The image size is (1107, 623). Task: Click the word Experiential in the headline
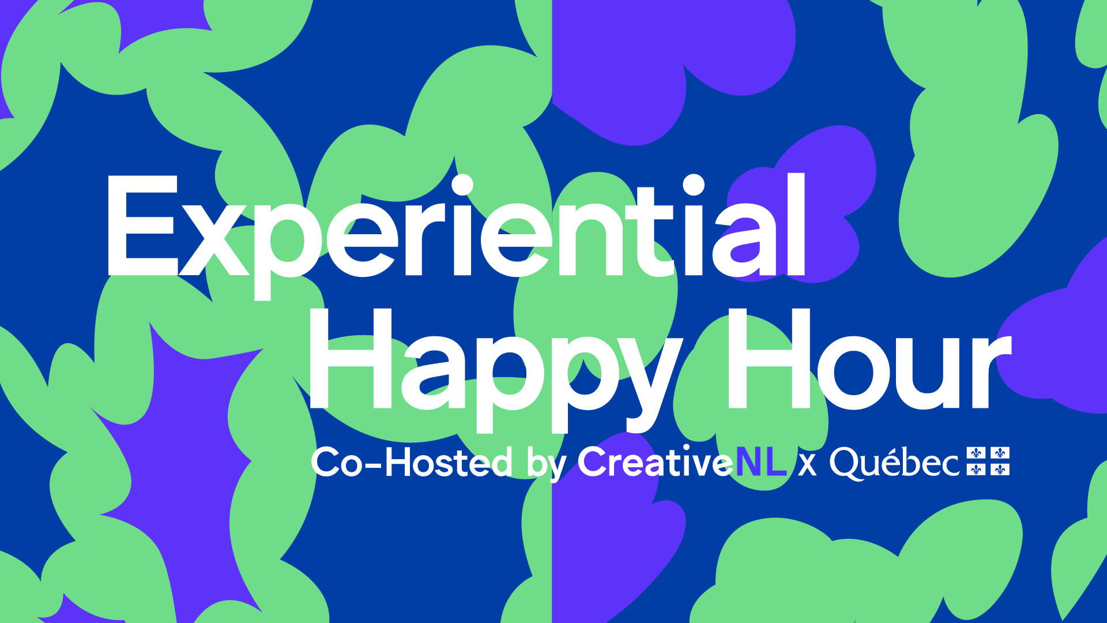455,237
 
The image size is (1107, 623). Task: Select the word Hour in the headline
869,359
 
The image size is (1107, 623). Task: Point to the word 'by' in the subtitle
547,464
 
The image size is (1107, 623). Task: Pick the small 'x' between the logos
808,465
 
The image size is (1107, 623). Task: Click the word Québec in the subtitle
894,463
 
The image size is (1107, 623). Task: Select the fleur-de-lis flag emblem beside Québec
988,461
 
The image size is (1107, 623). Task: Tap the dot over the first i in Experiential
462,185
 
